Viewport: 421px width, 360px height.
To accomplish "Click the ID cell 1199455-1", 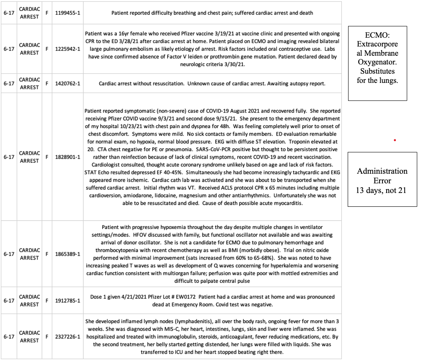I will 68,13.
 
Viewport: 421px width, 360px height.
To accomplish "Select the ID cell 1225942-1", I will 68,49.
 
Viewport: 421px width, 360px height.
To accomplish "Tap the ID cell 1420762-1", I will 68,83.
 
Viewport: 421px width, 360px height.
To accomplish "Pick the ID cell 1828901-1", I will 68,157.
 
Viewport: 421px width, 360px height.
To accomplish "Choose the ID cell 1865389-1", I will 68,254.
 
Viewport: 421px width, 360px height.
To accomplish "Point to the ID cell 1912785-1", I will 68,301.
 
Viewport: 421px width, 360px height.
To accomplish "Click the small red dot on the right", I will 395,140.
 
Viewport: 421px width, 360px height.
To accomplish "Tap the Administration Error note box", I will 382,179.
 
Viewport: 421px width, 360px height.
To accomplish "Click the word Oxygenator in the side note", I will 377,62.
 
